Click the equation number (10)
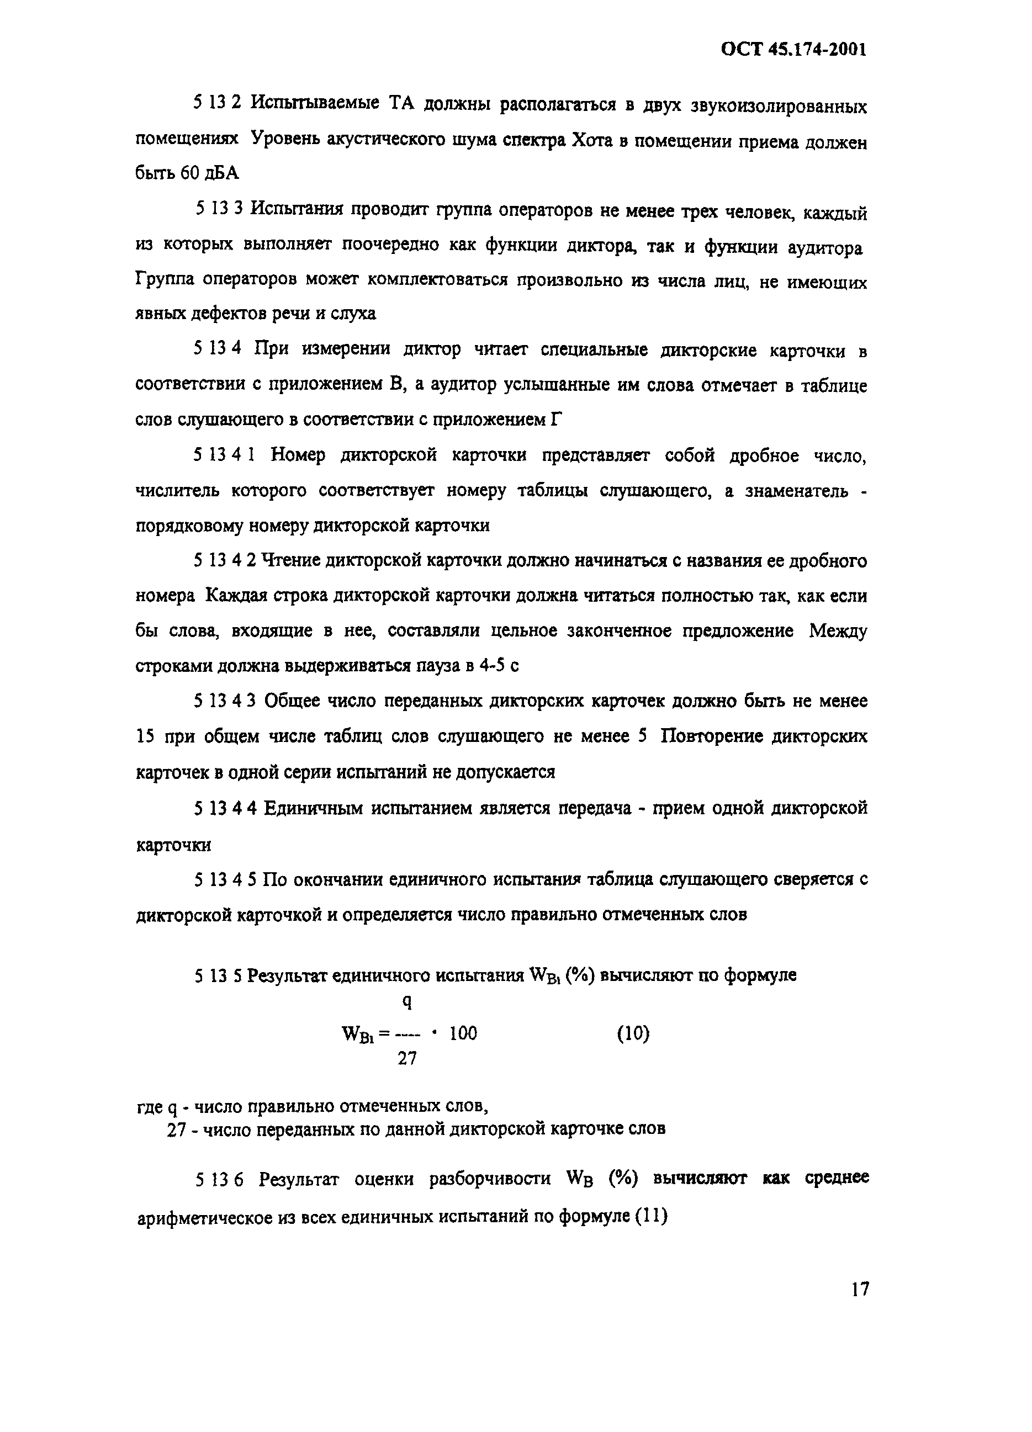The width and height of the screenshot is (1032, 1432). pos(632,1033)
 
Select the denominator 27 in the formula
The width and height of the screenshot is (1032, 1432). pos(407,1059)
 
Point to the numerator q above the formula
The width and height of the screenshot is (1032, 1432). pos(407,1002)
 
